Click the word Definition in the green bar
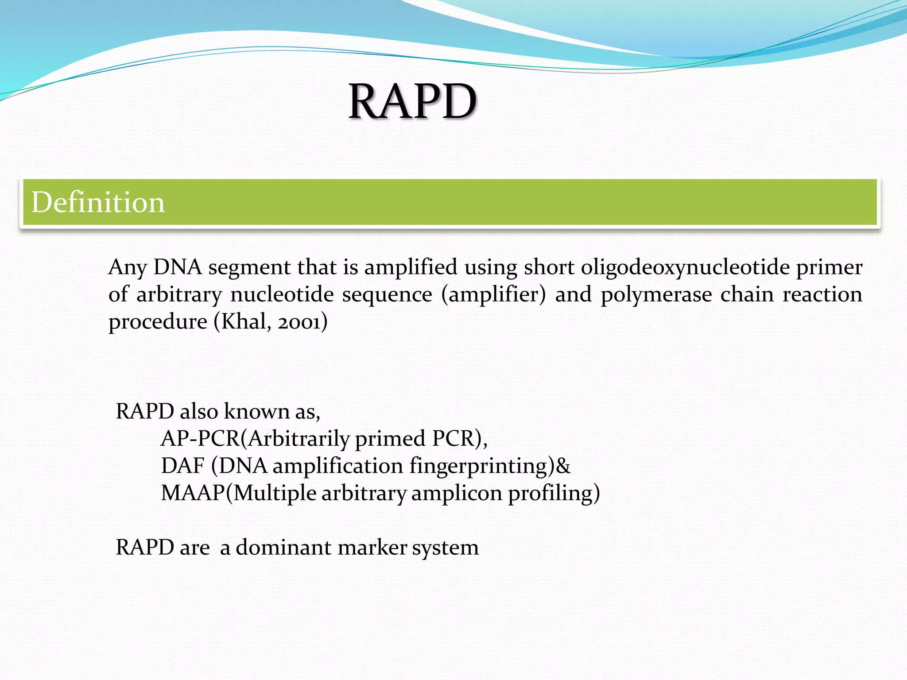pyautogui.click(x=98, y=202)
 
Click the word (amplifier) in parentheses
pyautogui.click(x=493, y=295)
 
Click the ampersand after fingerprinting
pyautogui.click(x=563, y=466)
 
